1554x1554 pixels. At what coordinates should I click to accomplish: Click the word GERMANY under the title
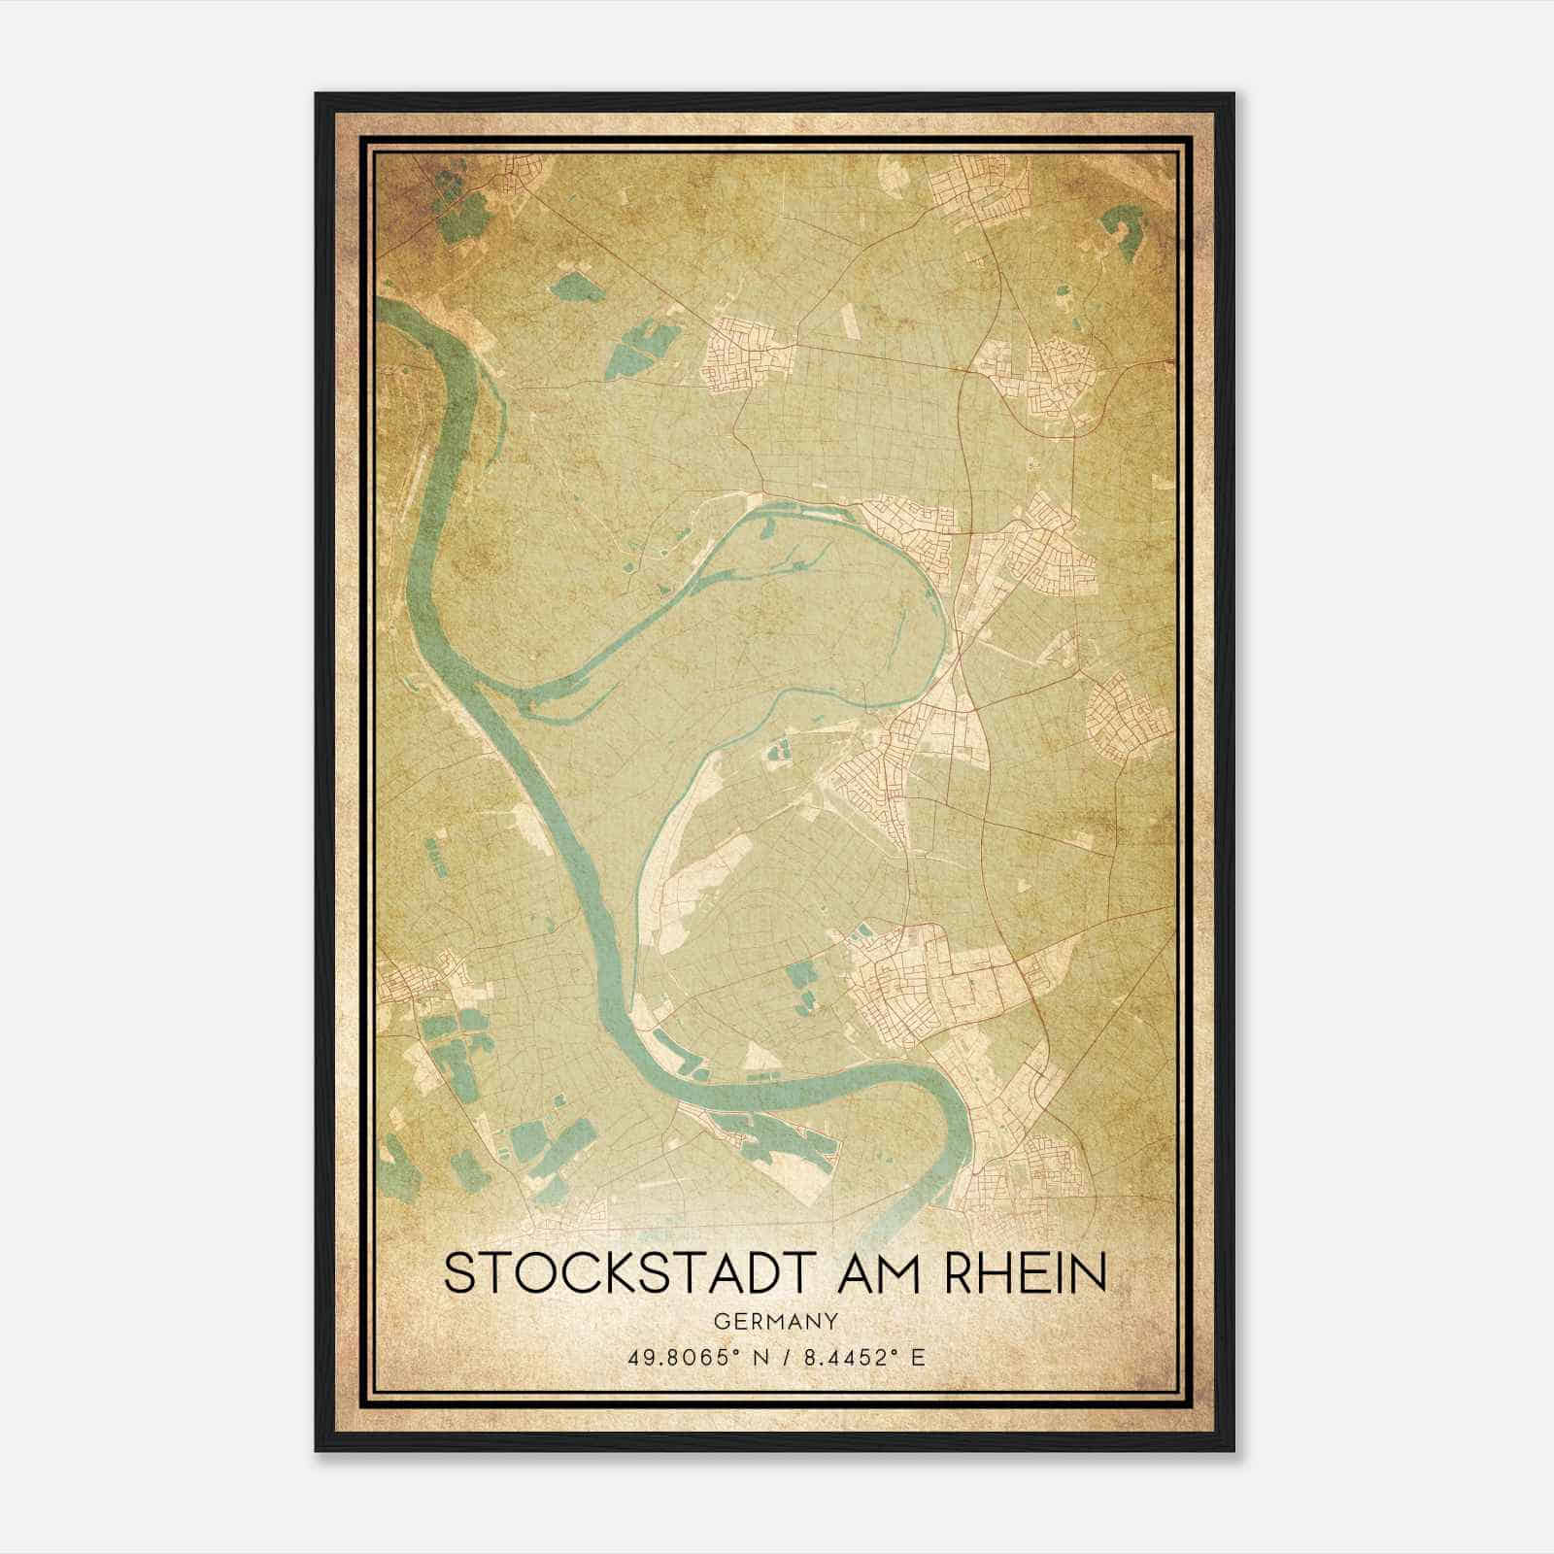(775, 1321)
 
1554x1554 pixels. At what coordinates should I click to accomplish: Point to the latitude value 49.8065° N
(689, 1357)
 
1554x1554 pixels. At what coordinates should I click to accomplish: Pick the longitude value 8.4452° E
(861, 1357)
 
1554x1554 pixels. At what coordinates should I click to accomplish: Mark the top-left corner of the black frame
(318, 95)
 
